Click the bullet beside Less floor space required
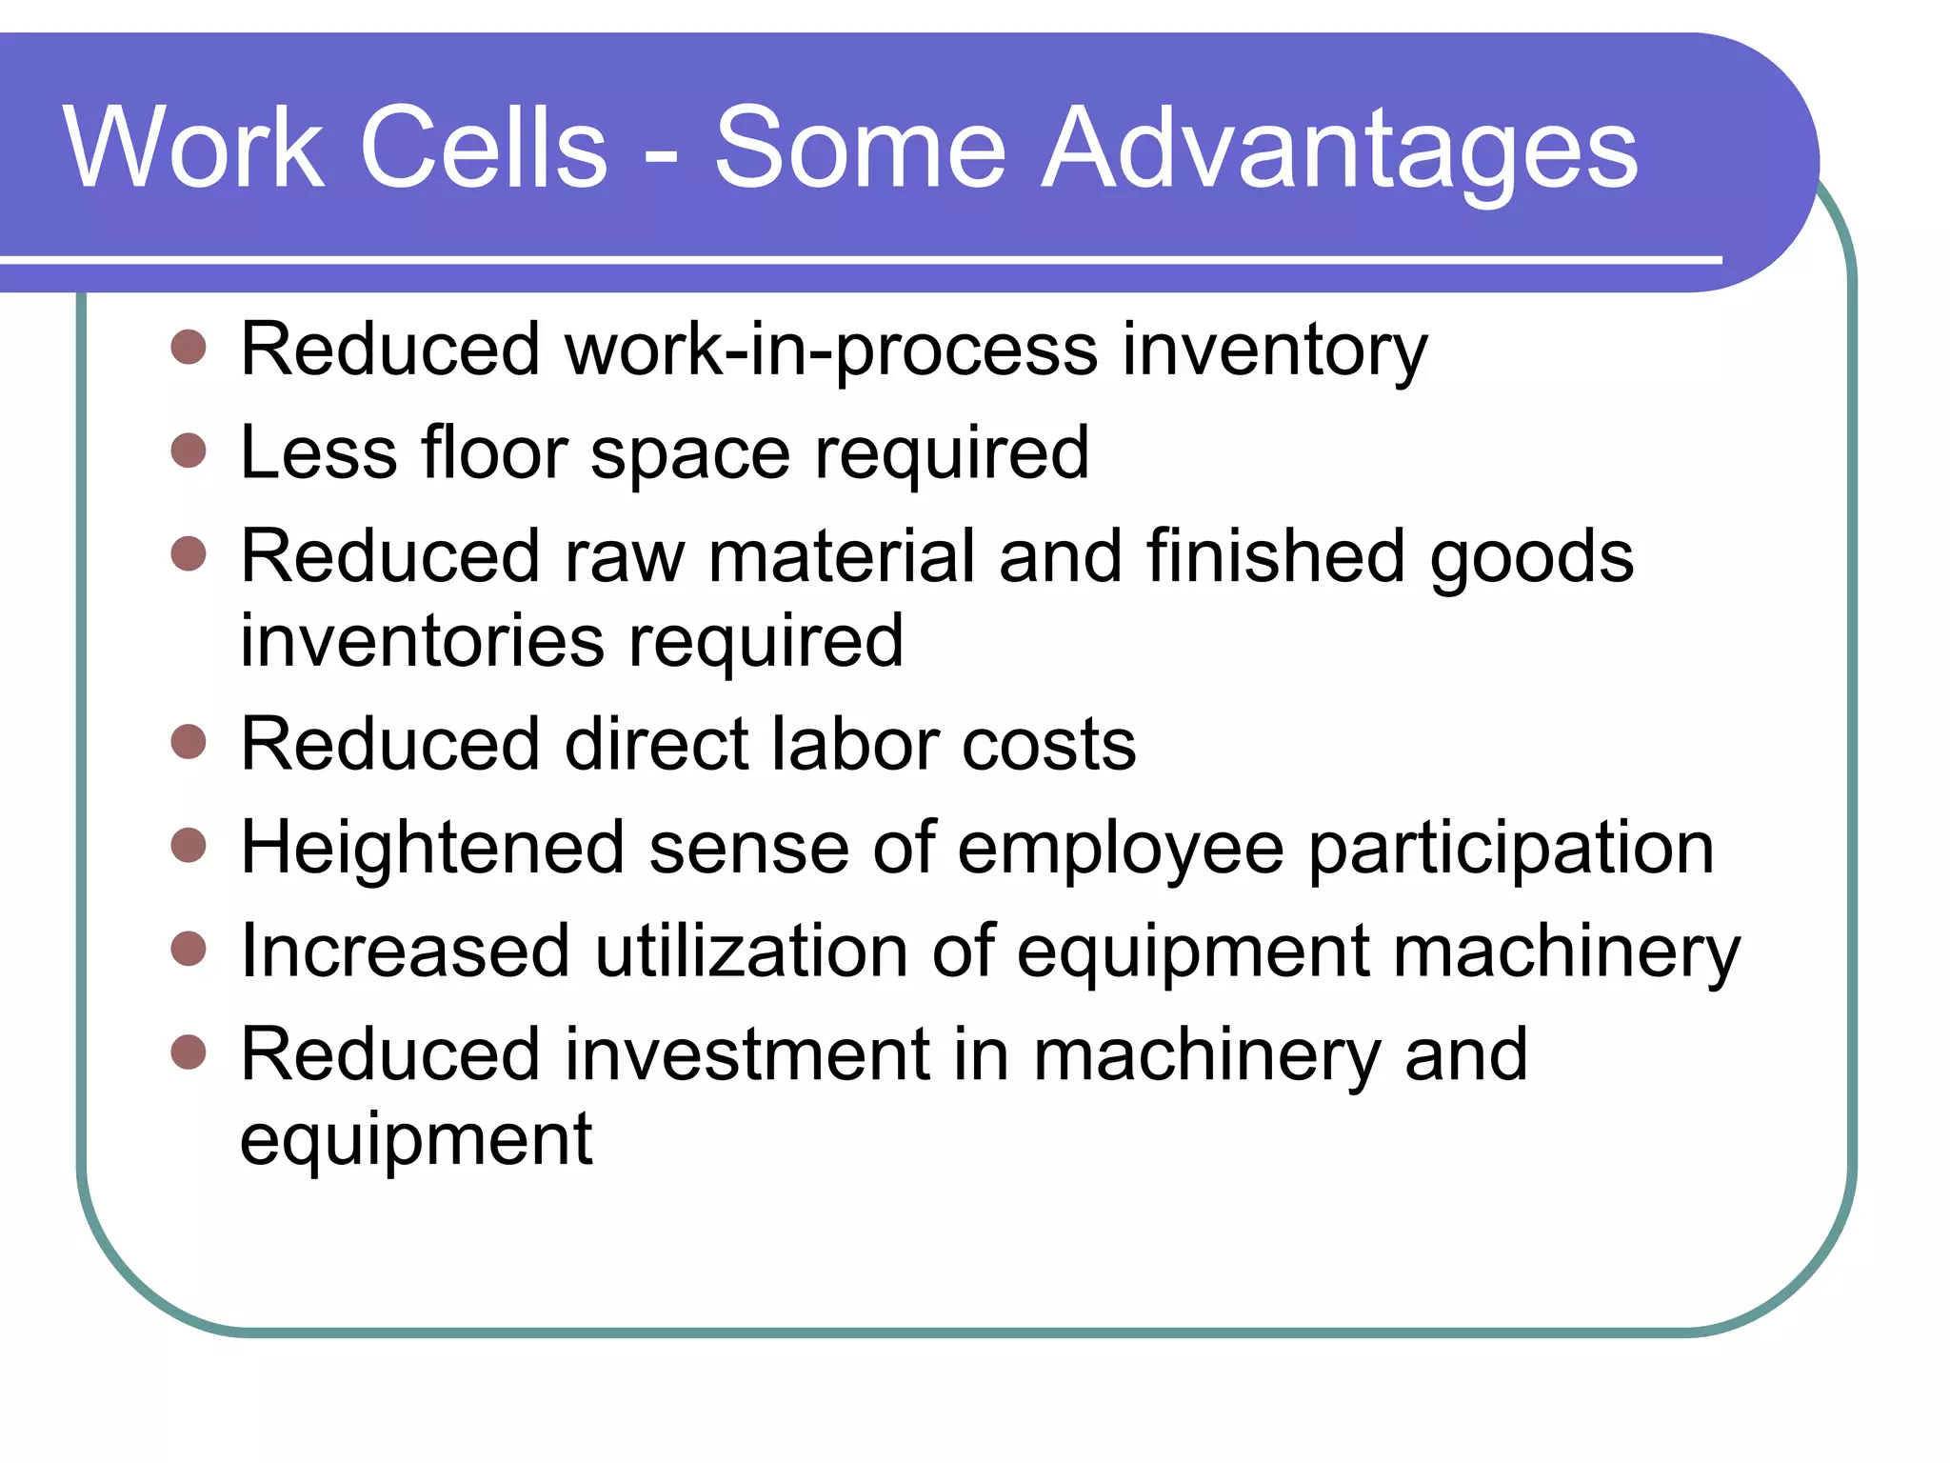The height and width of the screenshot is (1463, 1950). coord(189,451)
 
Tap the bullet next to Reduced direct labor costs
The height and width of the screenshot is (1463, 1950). coord(189,742)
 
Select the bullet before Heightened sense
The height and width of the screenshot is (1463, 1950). coord(189,845)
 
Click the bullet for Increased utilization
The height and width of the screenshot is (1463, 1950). coord(189,949)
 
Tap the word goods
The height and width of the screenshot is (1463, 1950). coord(1532,558)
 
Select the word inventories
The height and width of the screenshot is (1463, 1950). coord(422,640)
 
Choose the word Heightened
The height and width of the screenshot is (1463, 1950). coord(432,848)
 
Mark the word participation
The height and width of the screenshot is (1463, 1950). coord(1511,850)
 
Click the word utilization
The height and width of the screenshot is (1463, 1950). coord(751,951)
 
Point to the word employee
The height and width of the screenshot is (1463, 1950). coord(1121,850)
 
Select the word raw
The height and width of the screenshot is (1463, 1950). coord(625,557)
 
